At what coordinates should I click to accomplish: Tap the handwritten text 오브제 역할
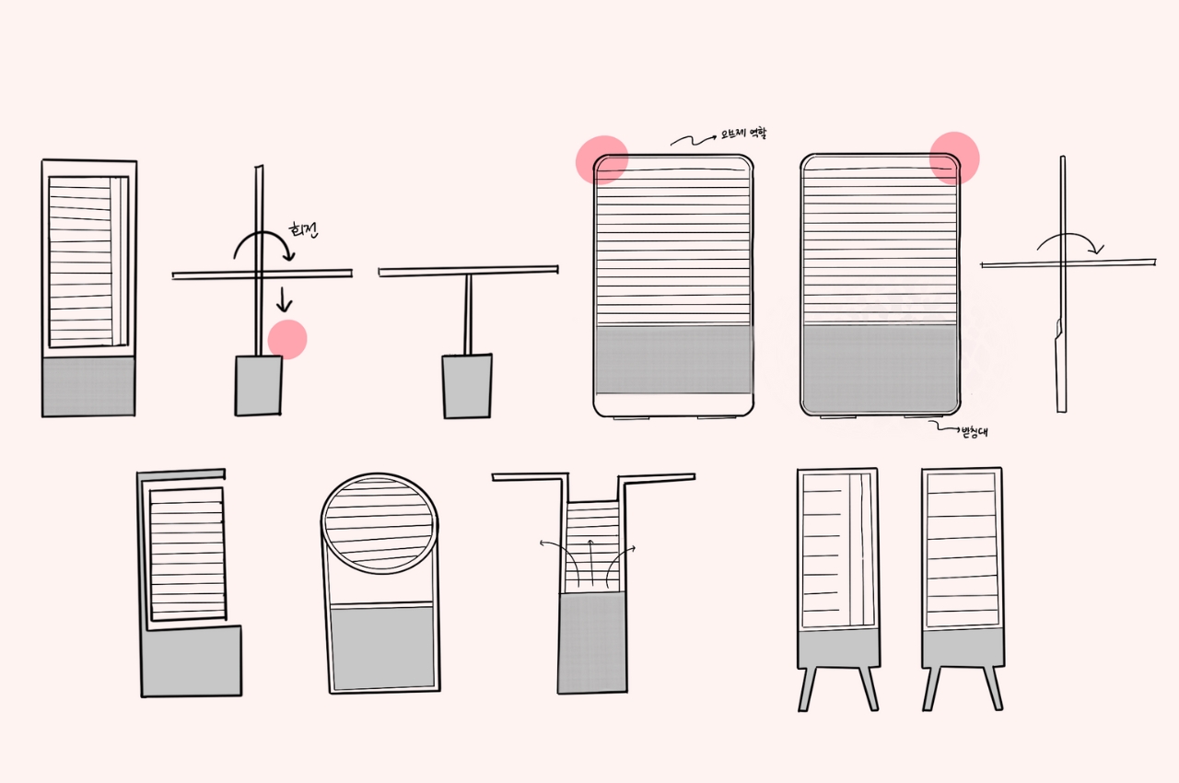pos(743,134)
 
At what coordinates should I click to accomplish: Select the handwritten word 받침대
pos(973,432)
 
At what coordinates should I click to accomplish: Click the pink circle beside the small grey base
pos(287,339)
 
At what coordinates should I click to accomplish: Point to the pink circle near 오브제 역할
pos(601,159)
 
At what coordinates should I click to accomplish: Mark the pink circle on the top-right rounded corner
pos(954,158)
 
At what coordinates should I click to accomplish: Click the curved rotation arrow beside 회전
pos(261,245)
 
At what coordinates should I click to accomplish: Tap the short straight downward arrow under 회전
pos(286,298)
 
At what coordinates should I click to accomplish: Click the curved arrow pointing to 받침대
pos(943,426)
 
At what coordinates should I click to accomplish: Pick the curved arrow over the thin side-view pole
pos(1068,242)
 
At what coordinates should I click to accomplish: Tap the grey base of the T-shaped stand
pos(467,385)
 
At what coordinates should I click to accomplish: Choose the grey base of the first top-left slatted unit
pos(88,386)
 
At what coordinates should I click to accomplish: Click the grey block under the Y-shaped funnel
pos(592,643)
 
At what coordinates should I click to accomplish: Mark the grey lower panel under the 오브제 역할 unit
pos(673,359)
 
